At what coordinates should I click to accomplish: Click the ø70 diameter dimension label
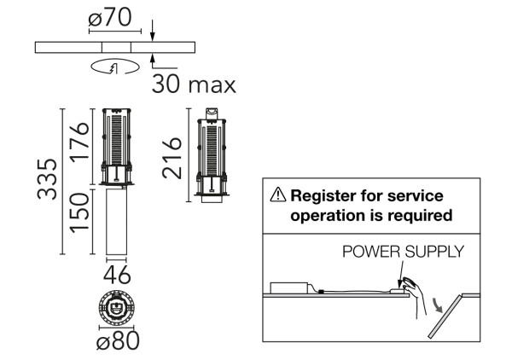(x=110, y=17)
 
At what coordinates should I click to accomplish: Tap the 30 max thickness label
(x=194, y=84)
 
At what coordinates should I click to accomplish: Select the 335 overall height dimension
(x=47, y=179)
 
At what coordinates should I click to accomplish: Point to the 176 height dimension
(x=79, y=142)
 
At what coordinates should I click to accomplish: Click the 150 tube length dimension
(x=79, y=212)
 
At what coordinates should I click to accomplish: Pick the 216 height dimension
(x=172, y=159)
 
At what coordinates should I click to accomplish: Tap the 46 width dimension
(x=117, y=275)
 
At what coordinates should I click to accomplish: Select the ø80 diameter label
(x=119, y=340)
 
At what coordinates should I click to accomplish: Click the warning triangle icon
(x=278, y=195)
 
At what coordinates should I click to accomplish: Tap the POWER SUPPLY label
(x=403, y=252)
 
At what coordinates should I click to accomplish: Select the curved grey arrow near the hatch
(x=437, y=305)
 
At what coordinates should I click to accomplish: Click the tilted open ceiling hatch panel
(x=445, y=316)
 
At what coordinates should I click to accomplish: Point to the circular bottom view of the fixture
(x=116, y=307)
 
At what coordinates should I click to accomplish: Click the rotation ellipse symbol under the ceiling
(x=115, y=67)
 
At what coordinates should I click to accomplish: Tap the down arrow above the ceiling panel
(x=153, y=31)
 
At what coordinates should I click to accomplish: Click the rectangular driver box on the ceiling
(x=289, y=288)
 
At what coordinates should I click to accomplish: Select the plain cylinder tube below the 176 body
(x=116, y=222)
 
